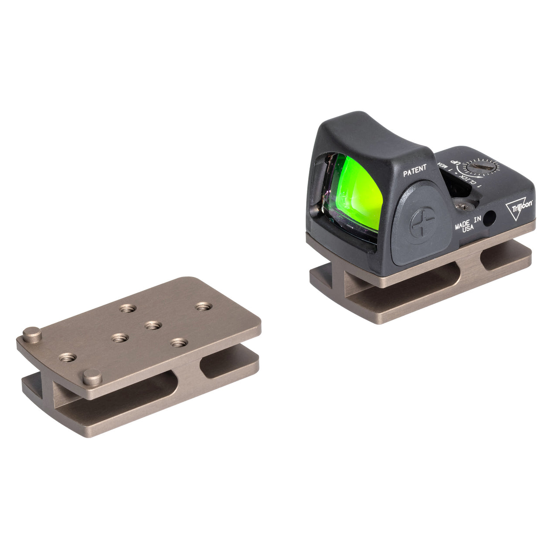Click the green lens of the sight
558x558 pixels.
pyautogui.click(x=355, y=192)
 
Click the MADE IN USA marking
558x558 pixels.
pyautogui.click(x=468, y=223)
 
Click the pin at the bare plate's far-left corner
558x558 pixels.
pyautogui.click(x=32, y=334)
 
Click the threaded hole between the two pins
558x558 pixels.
pyautogui.click(x=67, y=357)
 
